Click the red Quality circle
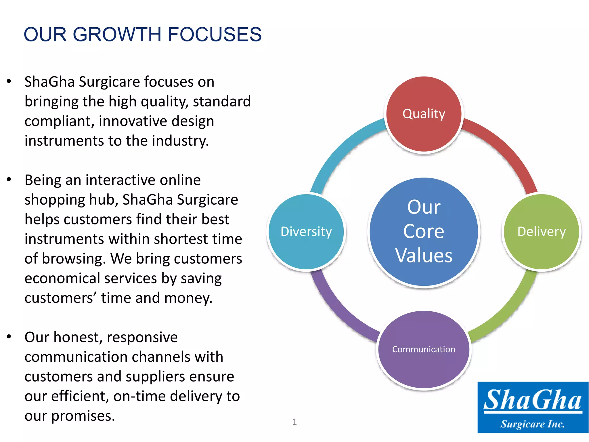(424, 114)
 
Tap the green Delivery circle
(541, 232)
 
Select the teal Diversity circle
(306, 232)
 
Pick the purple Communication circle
(424, 349)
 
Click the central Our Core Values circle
(424, 232)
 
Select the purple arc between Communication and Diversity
(339, 314)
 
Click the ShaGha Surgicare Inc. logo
(533, 407)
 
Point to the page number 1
(294, 422)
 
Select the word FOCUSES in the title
(214, 35)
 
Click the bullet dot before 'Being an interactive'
(9, 180)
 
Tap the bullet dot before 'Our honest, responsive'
(9, 337)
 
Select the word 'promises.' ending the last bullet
(83, 416)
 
